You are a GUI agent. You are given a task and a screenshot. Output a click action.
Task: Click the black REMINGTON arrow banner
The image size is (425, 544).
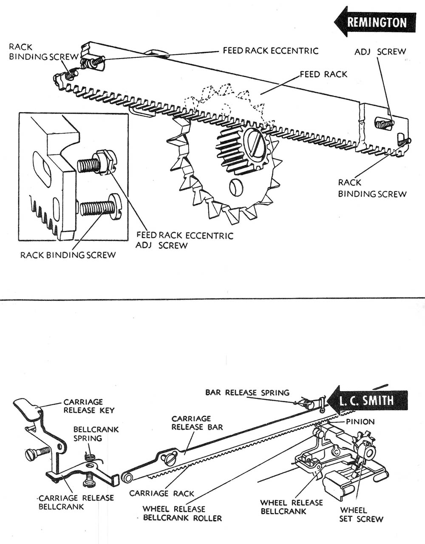376,22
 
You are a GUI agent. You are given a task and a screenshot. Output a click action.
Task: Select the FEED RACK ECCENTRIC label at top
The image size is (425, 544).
270,51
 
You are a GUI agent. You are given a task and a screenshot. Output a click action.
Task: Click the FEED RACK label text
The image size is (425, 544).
323,74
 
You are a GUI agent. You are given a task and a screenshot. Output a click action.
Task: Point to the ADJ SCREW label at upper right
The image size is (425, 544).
380,52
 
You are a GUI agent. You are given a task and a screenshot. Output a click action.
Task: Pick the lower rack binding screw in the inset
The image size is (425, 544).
99,207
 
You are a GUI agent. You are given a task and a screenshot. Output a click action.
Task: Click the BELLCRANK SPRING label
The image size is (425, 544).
90,434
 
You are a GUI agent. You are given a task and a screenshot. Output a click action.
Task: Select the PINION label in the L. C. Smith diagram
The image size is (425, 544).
360,422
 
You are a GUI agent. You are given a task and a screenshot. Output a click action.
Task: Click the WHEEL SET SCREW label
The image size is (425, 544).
361,514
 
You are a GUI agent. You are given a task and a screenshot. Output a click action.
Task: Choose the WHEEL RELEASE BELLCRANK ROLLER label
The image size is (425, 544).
182,513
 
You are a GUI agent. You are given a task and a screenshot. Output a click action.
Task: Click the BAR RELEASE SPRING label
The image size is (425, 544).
247,393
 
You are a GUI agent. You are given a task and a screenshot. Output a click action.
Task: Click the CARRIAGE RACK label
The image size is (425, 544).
161,493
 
